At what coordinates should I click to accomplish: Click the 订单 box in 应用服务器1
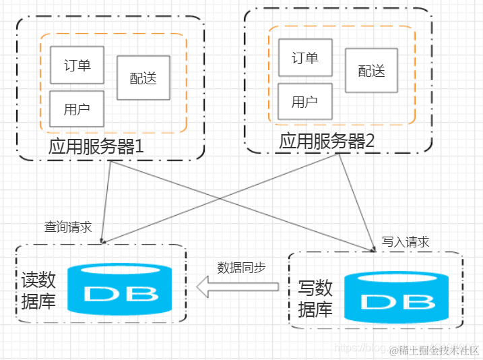pos(77,65)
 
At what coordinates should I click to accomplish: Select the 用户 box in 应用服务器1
pos(77,109)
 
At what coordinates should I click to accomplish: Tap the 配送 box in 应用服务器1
pos(143,78)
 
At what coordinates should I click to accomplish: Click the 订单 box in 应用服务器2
pos(305,58)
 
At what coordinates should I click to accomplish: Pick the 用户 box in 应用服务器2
pos(305,102)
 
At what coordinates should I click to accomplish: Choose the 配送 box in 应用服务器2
pos(372,70)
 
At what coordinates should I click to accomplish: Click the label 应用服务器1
pos(96,146)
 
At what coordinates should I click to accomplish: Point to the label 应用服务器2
pos(326,141)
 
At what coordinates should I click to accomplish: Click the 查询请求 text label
pos(68,227)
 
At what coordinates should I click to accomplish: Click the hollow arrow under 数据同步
pos(236,287)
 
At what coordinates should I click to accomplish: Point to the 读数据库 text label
pos(39,291)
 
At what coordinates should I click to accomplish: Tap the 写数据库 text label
pos(315,299)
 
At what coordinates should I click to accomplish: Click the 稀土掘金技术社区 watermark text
pos(438,350)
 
